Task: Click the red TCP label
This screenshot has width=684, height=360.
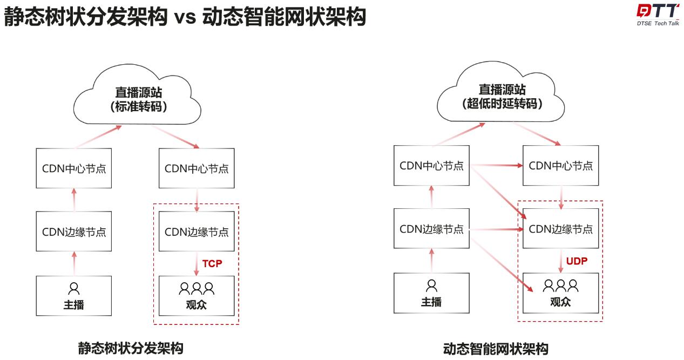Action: (x=212, y=263)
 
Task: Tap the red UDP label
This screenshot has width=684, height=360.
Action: (x=577, y=261)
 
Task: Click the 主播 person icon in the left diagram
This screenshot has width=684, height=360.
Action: (x=73, y=288)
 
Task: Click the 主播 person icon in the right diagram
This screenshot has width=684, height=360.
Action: (x=431, y=285)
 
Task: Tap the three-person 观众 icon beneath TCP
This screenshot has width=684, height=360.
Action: (x=197, y=288)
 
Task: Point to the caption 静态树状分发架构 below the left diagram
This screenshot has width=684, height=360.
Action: (x=131, y=348)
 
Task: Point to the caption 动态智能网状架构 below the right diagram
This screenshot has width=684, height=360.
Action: (x=495, y=349)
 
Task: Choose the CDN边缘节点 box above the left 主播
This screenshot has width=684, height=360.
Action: (x=74, y=232)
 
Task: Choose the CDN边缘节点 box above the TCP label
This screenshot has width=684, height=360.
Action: (x=197, y=232)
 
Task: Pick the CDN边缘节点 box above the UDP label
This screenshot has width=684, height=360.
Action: (x=560, y=229)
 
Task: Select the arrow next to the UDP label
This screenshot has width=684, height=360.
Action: (x=561, y=261)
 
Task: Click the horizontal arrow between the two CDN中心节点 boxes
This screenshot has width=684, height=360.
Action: (x=496, y=166)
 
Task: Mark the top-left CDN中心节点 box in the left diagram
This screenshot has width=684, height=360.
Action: (x=74, y=168)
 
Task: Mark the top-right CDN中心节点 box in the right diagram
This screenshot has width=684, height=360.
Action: (x=560, y=165)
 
